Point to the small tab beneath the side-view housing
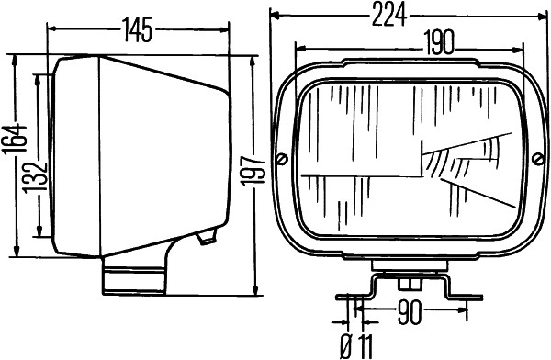(206, 239)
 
